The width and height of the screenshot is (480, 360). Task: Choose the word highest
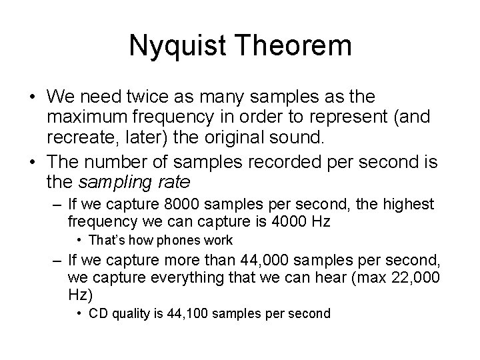[411, 203]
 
